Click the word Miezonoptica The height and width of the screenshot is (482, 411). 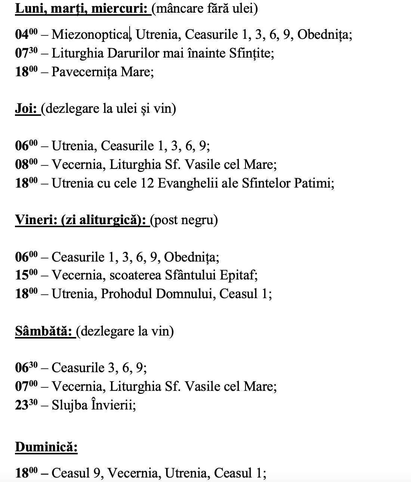[x=90, y=34]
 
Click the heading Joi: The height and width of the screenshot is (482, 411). [x=27, y=109]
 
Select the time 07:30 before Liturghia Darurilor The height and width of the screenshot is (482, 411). [x=26, y=53]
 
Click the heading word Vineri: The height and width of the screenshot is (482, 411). [x=34, y=220]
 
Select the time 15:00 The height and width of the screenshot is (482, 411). [x=26, y=275]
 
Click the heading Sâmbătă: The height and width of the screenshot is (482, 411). [x=43, y=331]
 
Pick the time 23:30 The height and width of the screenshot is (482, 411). [x=26, y=405]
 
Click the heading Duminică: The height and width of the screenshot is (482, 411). [x=46, y=447]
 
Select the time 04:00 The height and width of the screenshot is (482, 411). [x=26, y=34]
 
